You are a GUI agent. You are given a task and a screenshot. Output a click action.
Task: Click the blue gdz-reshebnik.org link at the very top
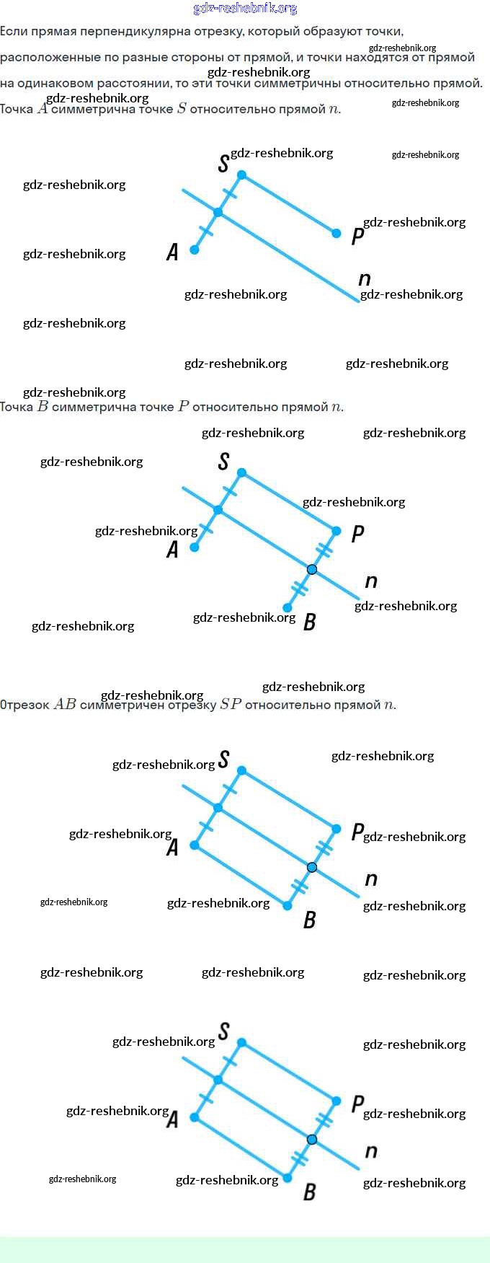[245, 9]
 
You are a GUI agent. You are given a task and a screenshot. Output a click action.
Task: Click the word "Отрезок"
[24, 705]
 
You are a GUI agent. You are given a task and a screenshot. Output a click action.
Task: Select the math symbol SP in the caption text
[231, 705]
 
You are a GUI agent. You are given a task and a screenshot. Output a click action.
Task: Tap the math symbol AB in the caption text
[65, 705]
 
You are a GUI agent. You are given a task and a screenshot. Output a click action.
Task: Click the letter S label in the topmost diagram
[223, 164]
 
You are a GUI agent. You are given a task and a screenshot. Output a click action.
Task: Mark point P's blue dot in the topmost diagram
[337, 233]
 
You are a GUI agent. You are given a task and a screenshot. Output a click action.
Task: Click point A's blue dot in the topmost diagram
[195, 250]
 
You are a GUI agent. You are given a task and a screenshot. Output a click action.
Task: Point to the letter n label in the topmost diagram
[365, 279]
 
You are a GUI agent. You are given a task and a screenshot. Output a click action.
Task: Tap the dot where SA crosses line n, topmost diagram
[218, 213]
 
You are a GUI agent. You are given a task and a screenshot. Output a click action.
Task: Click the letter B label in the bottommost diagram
[310, 1192]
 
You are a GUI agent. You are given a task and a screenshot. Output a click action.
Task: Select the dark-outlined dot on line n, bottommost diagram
[312, 1140]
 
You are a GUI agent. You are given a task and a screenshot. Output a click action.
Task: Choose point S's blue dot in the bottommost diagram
[241, 1042]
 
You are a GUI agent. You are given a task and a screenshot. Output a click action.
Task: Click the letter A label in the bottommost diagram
[172, 1119]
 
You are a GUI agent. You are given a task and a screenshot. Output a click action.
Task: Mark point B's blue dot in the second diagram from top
[288, 607]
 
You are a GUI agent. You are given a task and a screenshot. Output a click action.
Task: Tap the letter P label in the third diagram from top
[357, 832]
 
